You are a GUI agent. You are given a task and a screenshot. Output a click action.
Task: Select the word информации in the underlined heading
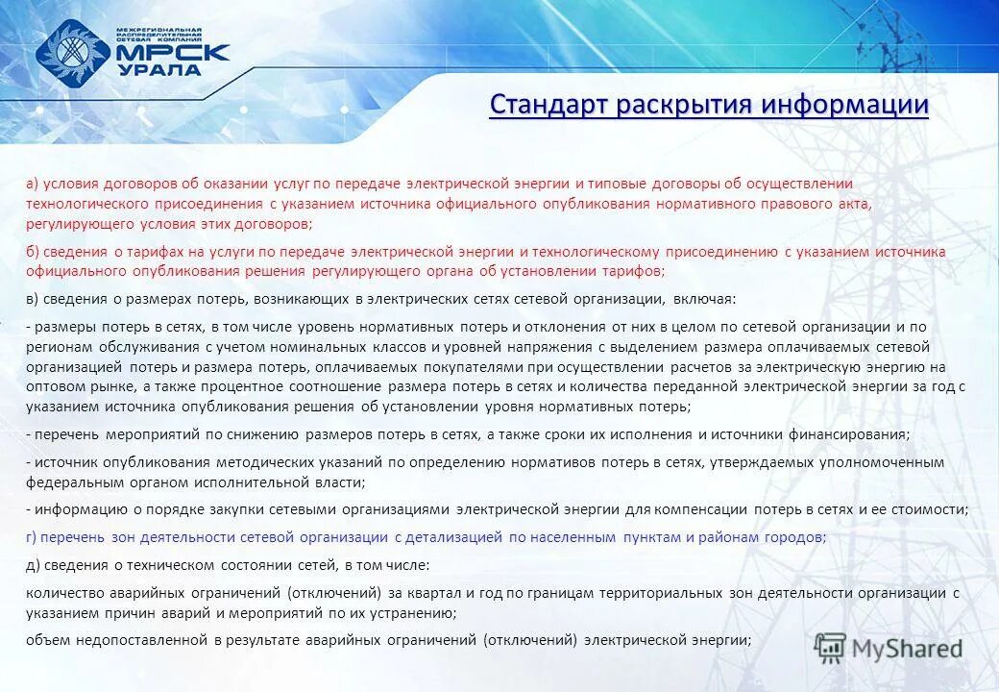point(845,104)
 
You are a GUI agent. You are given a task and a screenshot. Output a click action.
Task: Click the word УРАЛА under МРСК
point(159,70)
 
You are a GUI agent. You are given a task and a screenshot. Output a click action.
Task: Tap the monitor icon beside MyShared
point(830,648)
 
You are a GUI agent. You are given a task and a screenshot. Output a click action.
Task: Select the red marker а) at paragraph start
point(32,183)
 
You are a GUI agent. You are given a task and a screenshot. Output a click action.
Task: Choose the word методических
point(259,462)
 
